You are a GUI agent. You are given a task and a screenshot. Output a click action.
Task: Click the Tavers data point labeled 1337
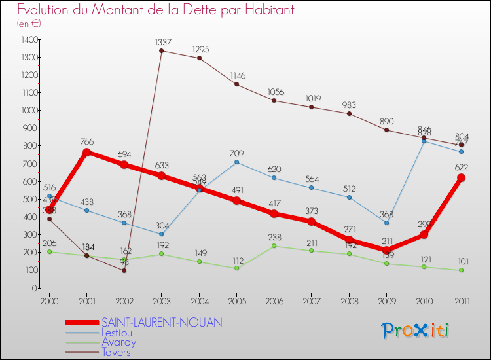[x=161, y=51]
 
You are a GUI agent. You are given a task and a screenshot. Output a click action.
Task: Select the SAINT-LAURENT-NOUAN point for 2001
[x=86, y=153]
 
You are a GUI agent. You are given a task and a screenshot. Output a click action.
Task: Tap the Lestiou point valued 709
[x=236, y=162]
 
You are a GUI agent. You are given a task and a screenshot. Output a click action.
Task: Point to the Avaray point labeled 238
[x=274, y=246]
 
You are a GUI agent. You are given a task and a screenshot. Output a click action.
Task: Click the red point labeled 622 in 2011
[x=462, y=178]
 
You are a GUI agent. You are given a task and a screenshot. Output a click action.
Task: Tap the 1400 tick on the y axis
[x=28, y=40]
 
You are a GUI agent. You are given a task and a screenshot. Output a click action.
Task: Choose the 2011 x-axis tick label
[x=462, y=300]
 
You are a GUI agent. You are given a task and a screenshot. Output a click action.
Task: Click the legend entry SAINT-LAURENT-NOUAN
[x=162, y=323]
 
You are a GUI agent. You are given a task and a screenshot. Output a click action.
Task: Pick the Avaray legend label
[x=118, y=342]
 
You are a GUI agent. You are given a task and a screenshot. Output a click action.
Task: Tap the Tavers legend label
[x=116, y=352]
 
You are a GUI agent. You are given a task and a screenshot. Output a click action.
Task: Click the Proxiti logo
[x=416, y=330]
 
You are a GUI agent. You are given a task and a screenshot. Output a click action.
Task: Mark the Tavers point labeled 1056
[x=274, y=101]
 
